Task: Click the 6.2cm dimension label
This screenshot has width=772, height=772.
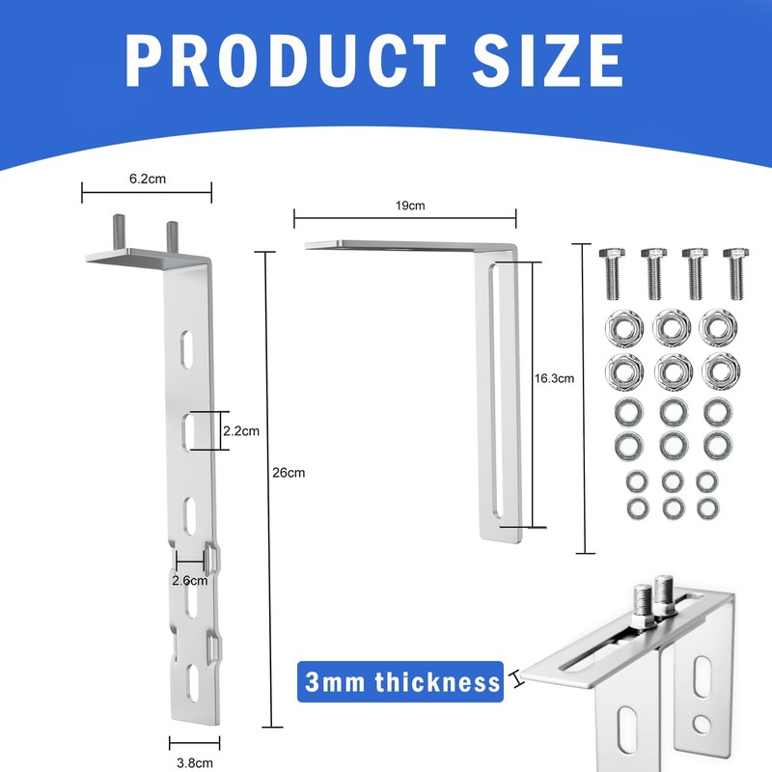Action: pyautogui.click(x=148, y=179)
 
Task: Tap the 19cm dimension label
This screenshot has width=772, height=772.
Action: pyautogui.click(x=410, y=206)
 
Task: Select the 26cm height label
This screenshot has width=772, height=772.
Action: pyautogui.click(x=289, y=473)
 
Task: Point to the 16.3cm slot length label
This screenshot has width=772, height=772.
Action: pyautogui.click(x=554, y=378)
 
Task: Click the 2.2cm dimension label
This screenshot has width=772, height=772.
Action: pyautogui.click(x=241, y=430)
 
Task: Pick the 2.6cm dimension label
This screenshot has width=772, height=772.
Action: pyautogui.click(x=189, y=581)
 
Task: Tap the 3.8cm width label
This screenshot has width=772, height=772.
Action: pyautogui.click(x=195, y=763)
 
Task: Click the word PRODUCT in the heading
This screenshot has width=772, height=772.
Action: pyautogui.click(x=286, y=61)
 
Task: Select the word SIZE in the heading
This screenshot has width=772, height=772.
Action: pyautogui.click(x=548, y=61)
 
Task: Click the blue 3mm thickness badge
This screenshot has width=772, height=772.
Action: pyautogui.click(x=400, y=682)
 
